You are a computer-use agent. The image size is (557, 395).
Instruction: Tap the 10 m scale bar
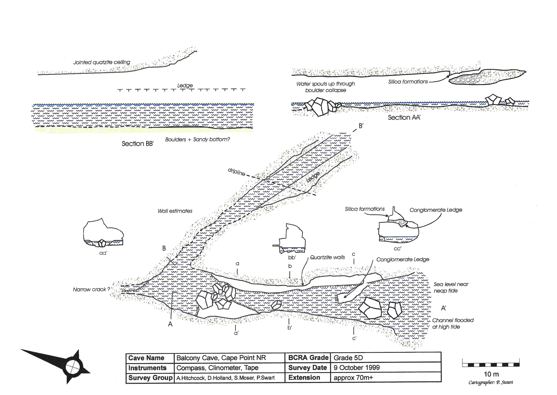point(491,364)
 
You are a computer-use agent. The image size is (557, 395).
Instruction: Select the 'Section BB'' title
point(138,144)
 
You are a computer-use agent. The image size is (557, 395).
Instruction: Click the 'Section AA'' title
point(404,118)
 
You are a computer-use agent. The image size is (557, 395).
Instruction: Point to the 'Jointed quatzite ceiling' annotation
point(102,62)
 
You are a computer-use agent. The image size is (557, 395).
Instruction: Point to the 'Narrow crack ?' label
point(92,289)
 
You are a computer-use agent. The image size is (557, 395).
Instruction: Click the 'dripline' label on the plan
point(236,172)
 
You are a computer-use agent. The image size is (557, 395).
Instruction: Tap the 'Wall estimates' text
point(175,211)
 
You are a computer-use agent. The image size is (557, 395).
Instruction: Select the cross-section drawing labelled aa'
point(103,233)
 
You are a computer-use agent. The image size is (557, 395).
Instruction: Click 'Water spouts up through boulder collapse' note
point(326,87)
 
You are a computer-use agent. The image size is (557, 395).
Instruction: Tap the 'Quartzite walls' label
point(327,257)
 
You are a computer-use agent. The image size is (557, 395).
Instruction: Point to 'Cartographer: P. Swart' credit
point(491,382)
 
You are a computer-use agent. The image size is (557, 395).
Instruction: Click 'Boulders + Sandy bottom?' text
point(197,140)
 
